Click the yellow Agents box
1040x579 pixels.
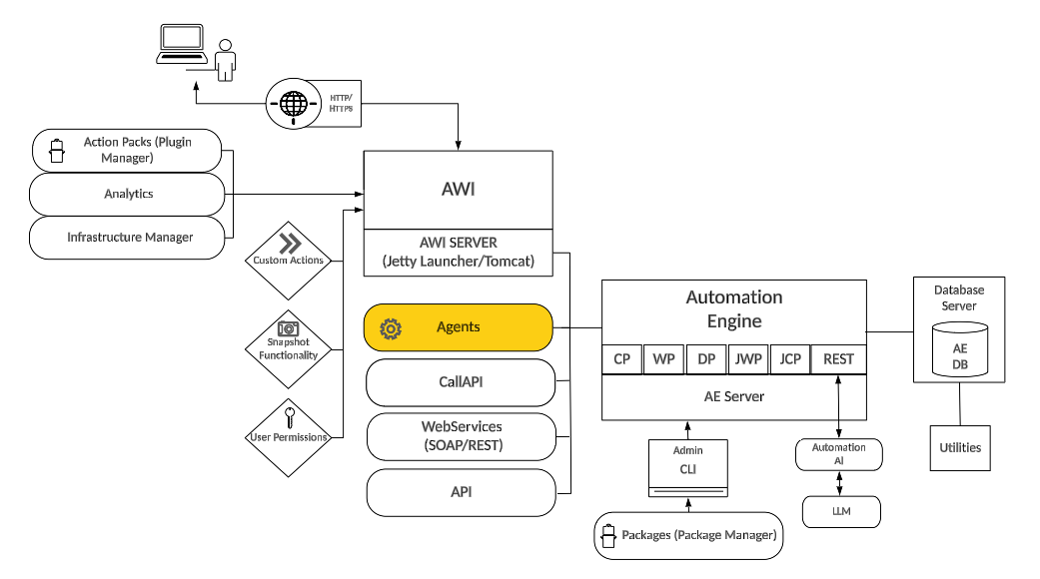pos(459,327)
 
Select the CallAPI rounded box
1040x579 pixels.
pos(461,381)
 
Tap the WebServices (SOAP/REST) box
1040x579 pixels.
pos(461,436)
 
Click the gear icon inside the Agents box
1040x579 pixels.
pos(391,328)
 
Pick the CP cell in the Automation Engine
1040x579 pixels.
pos(621,359)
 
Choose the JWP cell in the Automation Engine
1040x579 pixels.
pos(747,359)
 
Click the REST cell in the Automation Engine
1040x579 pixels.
pos(838,359)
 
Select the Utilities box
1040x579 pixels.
pos(960,448)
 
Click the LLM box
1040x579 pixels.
pos(841,512)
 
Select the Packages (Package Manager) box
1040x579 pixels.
pos(688,535)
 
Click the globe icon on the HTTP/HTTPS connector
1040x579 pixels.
pos(292,102)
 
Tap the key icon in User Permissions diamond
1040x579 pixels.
pos(289,416)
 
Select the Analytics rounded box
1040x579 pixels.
pos(128,194)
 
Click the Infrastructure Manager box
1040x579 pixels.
pos(128,238)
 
